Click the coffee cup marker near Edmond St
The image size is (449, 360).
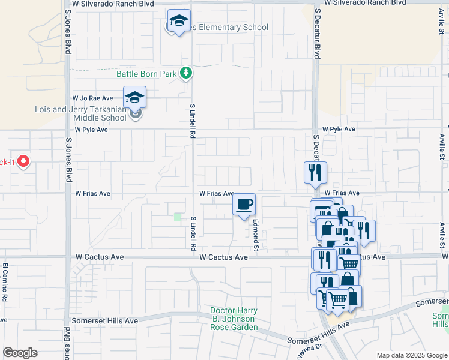[x=244, y=205]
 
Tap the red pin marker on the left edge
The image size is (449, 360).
[x=23, y=161]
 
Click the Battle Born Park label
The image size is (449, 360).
[x=146, y=74]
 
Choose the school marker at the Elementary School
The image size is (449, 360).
[x=179, y=22]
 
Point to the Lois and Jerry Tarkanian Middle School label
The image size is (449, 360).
[x=80, y=113]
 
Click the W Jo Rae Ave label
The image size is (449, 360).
[x=93, y=98]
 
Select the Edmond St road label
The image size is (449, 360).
[x=255, y=235]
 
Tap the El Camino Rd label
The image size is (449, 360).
[x=4, y=282]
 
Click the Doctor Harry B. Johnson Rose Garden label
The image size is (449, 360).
[x=234, y=319]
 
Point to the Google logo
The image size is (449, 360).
[x=20, y=353]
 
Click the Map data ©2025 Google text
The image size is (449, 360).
[x=411, y=355]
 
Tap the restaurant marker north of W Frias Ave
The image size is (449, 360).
[x=315, y=173]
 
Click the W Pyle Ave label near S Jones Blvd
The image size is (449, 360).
[x=91, y=130]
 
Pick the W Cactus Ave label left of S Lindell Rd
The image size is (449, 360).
[x=100, y=257]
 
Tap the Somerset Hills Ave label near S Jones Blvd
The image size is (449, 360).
[x=105, y=321]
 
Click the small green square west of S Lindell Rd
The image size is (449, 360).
[x=178, y=217]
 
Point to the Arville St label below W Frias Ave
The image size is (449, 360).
[x=442, y=237]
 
